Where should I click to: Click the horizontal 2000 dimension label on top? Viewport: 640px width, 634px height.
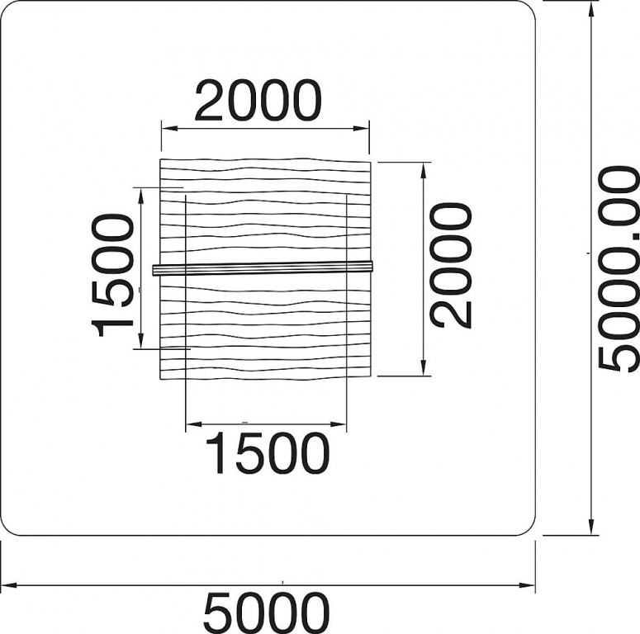[x=258, y=101]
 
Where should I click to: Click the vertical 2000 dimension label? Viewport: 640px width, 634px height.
[x=452, y=266]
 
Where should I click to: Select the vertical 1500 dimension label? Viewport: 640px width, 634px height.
[x=112, y=276]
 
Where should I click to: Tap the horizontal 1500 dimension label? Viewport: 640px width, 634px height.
[x=268, y=453]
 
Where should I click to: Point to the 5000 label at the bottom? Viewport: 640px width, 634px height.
[x=266, y=613]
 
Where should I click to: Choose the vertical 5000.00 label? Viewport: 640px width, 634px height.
[x=619, y=269]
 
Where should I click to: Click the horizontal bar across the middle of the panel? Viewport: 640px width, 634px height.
[x=263, y=268]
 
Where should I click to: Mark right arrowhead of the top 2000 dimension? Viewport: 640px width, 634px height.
[x=361, y=129]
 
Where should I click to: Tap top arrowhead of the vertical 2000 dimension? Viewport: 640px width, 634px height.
[x=424, y=171]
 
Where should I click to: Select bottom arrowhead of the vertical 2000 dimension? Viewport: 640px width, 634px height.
[x=424, y=367]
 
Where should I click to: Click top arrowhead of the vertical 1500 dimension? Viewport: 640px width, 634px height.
[x=141, y=196]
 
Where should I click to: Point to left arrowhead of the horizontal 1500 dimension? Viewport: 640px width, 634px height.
[x=194, y=424]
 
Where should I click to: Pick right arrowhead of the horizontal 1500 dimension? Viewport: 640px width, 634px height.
[x=339, y=424]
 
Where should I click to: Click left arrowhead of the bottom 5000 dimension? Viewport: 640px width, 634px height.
[x=8, y=585]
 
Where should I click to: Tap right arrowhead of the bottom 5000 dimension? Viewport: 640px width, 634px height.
[x=527, y=585]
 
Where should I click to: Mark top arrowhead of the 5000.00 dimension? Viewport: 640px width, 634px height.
[x=590, y=9]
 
